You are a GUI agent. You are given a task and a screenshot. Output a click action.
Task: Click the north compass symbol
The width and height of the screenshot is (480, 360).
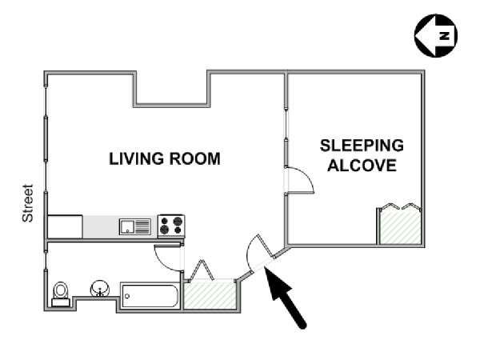pyautogui.click(x=436, y=35)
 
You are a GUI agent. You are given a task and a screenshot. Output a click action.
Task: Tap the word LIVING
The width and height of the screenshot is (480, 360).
pyautogui.click(x=136, y=159)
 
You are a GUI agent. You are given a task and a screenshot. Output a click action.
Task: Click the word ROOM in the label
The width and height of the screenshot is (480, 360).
pyautogui.click(x=194, y=159)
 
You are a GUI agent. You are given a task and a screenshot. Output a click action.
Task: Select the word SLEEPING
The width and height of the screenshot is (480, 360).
pyautogui.click(x=362, y=146)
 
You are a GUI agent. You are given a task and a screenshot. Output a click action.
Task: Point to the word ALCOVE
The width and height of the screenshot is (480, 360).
pyautogui.click(x=362, y=166)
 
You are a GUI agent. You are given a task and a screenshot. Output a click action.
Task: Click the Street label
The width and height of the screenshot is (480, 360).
pyautogui.click(x=27, y=203)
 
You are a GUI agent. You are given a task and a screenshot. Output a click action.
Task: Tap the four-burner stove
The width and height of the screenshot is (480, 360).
pyautogui.click(x=171, y=226)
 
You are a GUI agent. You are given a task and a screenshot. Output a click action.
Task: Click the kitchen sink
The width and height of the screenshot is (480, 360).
pyautogui.click(x=135, y=226)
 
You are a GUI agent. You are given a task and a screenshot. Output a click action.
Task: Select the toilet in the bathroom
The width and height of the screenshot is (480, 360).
pyautogui.click(x=61, y=294)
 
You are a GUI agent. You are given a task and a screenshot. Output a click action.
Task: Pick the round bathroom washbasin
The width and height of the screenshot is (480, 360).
pyautogui.click(x=100, y=289)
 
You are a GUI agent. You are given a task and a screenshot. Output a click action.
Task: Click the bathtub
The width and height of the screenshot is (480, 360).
pyautogui.click(x=150, y=295)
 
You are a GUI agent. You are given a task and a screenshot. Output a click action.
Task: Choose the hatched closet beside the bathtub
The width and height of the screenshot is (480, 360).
pyautogui.click(x=210, y=295)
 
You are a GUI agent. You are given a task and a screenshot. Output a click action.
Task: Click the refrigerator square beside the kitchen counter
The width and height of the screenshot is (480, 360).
pyautogui.click(x=65, y=227)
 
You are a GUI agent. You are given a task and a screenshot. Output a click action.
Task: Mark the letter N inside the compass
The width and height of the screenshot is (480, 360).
pyautogui.click(x=444, y=35)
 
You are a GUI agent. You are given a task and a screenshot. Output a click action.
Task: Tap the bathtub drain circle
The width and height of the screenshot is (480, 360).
pyautogui.click(x=127, y=296)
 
